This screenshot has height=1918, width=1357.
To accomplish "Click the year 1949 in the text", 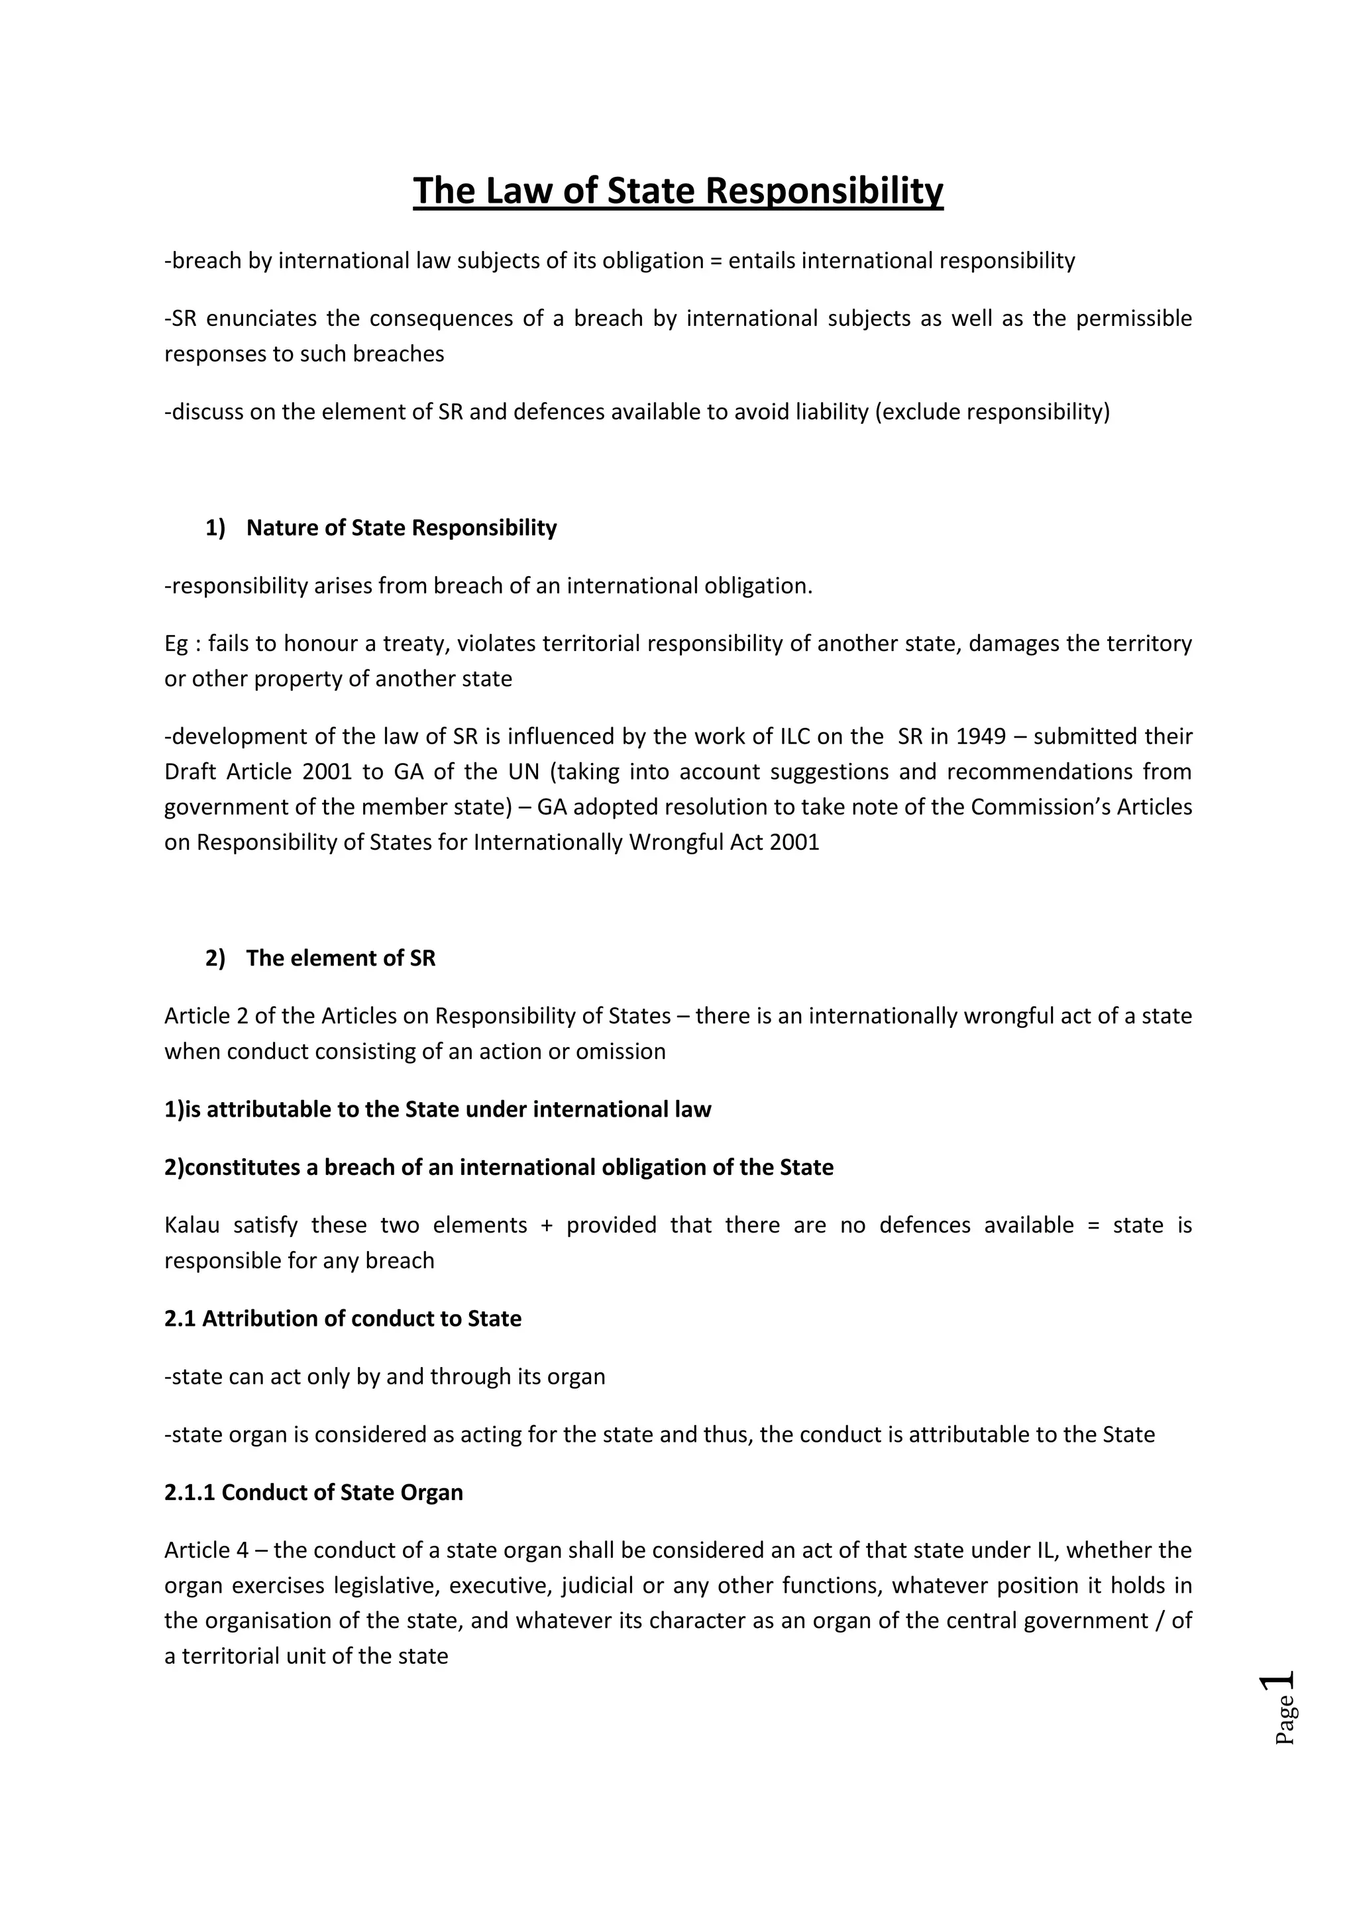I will click(x=981, y=736).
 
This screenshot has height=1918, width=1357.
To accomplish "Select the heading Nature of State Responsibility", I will click(x=401, y=528).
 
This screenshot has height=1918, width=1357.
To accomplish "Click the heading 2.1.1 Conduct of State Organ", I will click(x=313, y=1493).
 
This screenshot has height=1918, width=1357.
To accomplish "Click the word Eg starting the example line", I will click(x=176, y=644).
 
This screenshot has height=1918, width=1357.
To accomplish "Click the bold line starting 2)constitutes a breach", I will click(x=499, y=1168).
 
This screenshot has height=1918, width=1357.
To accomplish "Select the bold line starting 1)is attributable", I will click(x=438, y=1110).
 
